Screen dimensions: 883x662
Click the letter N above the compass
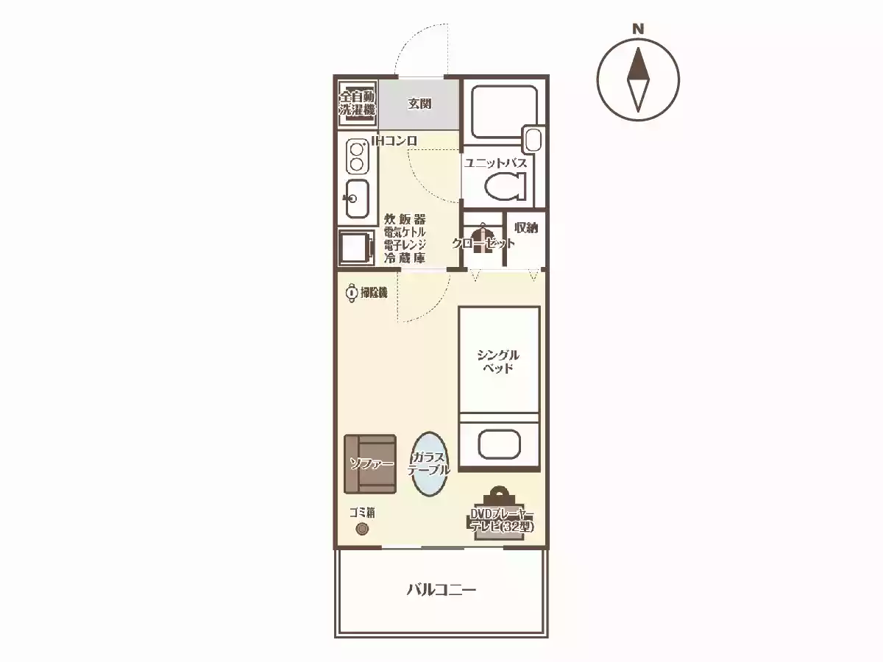point(638,29)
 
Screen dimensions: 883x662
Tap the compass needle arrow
point(638,79)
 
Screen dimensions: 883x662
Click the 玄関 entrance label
point(419,104)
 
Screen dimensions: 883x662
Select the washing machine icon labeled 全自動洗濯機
point(357,103)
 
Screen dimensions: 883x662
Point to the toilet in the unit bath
point(506,186)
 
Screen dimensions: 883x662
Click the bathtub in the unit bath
point(505,112)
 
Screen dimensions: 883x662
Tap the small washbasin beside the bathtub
point(533,140)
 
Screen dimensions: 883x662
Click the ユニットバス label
point(496,163)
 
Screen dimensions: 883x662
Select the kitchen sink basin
point(357,198)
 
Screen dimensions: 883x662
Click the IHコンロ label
point(394,140)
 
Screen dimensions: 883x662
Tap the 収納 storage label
point(526,228)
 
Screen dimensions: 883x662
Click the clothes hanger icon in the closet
point(483,239)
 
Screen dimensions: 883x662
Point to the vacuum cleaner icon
point(352,293)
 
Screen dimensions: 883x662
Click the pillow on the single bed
point(499,444)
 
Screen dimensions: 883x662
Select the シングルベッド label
point(498,361)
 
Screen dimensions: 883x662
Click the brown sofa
point(370,464)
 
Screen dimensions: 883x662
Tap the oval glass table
point(429,464)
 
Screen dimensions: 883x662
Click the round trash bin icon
point(362,529)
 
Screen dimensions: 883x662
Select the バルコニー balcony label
point(441,590)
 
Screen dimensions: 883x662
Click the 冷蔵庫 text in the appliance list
point(405,258)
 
